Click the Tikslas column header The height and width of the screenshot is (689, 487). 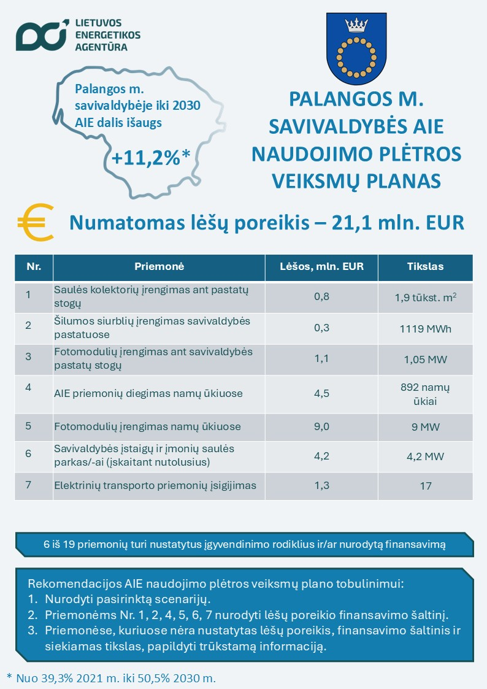point(425,267)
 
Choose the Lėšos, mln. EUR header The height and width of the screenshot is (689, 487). point(321,267)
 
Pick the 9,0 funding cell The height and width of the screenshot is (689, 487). point(321,426)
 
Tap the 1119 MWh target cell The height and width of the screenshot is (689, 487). point(425,328)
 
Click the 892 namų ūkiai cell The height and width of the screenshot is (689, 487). point(425,393)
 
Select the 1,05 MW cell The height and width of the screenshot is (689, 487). point(425,359)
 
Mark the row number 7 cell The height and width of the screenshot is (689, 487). point(28,486)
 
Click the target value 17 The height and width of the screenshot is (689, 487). point(425,486)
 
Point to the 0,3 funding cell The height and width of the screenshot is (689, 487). point(321,328)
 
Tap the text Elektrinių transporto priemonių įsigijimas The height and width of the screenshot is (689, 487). point(155,486)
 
